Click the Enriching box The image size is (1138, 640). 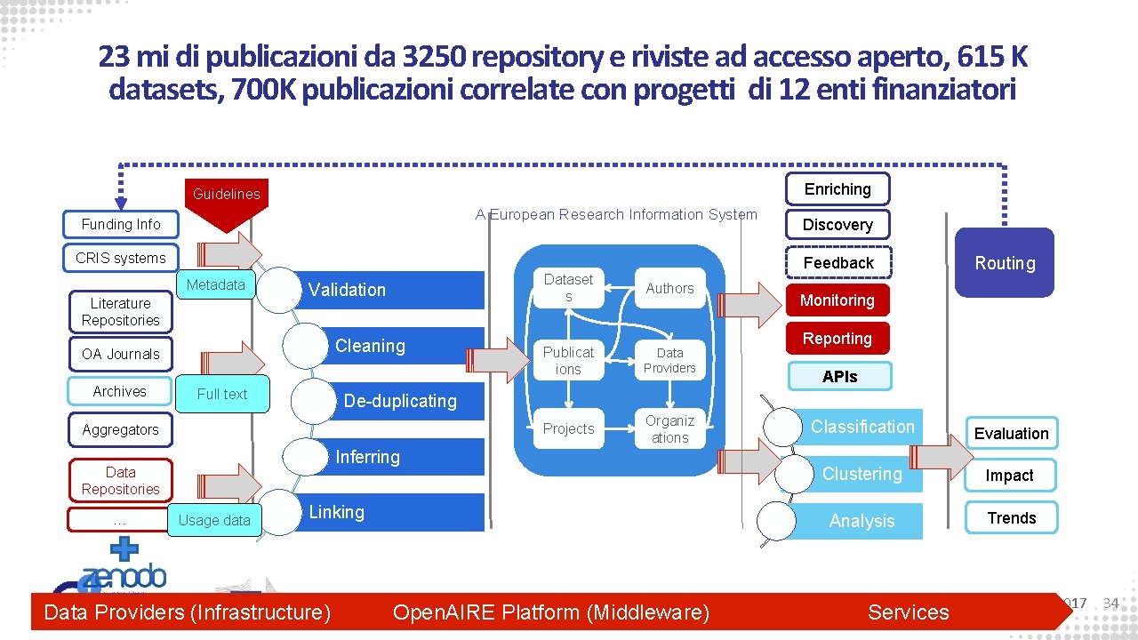pyautogui.click(x=837, y=189)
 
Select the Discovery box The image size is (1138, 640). pyautogui.click(x=837, y=225)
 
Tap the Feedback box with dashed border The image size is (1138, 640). pyautogui.click(x=837, y=263)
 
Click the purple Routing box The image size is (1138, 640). pyautogui.click(x=1004, y=263)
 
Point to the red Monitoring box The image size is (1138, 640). pyautogui.click(x=837, y=300)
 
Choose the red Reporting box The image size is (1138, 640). pyautogui.click(x=837, y=339)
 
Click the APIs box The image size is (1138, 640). pyautogui.click(x=839, y=377)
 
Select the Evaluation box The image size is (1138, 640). pyautogui.click(x=1011, y=434)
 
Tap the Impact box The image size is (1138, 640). pyautogui.click(x=1009, y=476)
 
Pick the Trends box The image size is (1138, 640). pyautogui.click(x=1011, y=518)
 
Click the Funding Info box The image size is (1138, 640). pyautogui.click(x=121, y=224)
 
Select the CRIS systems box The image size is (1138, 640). pyautogui.click(x=121, y=258)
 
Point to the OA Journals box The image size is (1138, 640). pyautogui.click(x=121, y=354)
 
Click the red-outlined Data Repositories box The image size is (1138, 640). pyautogui.click(x=121, y=481)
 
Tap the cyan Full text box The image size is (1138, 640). pyautogui.click(x=222, y=394)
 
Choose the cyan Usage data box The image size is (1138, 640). pyautogui.click(x=214, y=520)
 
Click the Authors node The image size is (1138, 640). pyautogui.click(x=669, y=288)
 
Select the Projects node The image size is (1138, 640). pyautogui.click(x=568, y=429)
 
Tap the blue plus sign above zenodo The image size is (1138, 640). pyautogui.click(x=124, y=548)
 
